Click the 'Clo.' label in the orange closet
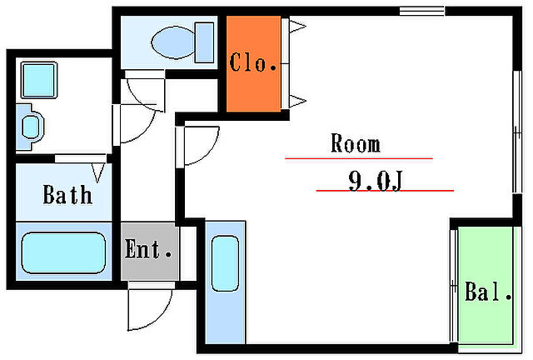point(253,62)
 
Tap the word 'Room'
point(356,143)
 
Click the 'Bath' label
point(67,195)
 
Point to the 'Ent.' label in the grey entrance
point(148,248)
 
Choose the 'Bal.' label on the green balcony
point(488,292)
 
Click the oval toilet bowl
point(173,42)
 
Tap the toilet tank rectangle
point(205,42)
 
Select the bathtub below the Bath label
point(63,252)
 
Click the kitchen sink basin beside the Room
point(225,263)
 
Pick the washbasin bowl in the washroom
point(32,127)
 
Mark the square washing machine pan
point(39,80)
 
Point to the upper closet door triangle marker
point(297,26)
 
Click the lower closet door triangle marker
point(297,101)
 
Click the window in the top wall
point(422,11)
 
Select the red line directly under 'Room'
point(359,158)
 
